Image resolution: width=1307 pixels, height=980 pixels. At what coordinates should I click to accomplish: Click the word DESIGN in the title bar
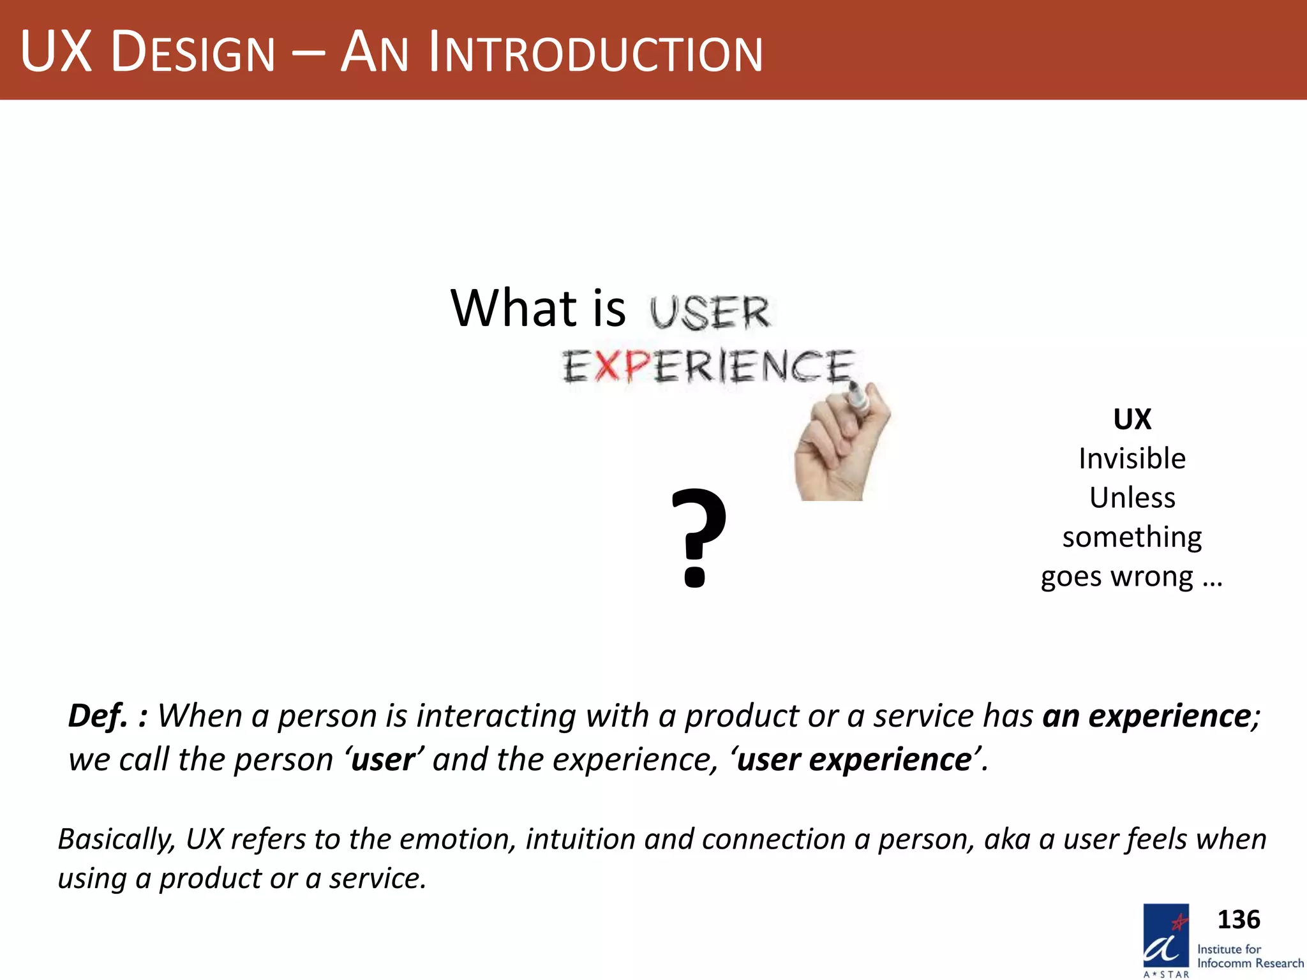coord(193,53)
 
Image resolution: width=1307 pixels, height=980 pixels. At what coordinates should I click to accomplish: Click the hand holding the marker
coord(840,447)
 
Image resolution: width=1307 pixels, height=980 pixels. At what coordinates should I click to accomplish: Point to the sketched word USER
coord(710,313)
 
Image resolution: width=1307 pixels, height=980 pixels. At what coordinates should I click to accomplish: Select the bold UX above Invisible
coord(1131,419)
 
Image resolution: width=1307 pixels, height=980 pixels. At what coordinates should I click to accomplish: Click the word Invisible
coord(1131,459)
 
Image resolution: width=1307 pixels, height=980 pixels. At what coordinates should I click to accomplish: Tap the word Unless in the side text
coord(1131,498)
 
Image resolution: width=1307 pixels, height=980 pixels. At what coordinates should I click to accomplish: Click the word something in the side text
coord(1131,537)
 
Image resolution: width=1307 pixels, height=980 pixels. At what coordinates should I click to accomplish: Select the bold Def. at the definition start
coord(98,716)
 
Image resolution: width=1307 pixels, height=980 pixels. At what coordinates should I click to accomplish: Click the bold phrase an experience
coord(1146,716)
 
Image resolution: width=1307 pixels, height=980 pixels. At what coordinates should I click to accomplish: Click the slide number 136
coord(1238,919)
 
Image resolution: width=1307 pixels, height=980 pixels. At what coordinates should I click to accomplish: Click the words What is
coord(537,308)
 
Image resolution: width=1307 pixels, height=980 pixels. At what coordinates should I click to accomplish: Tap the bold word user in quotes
coord(383,760)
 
